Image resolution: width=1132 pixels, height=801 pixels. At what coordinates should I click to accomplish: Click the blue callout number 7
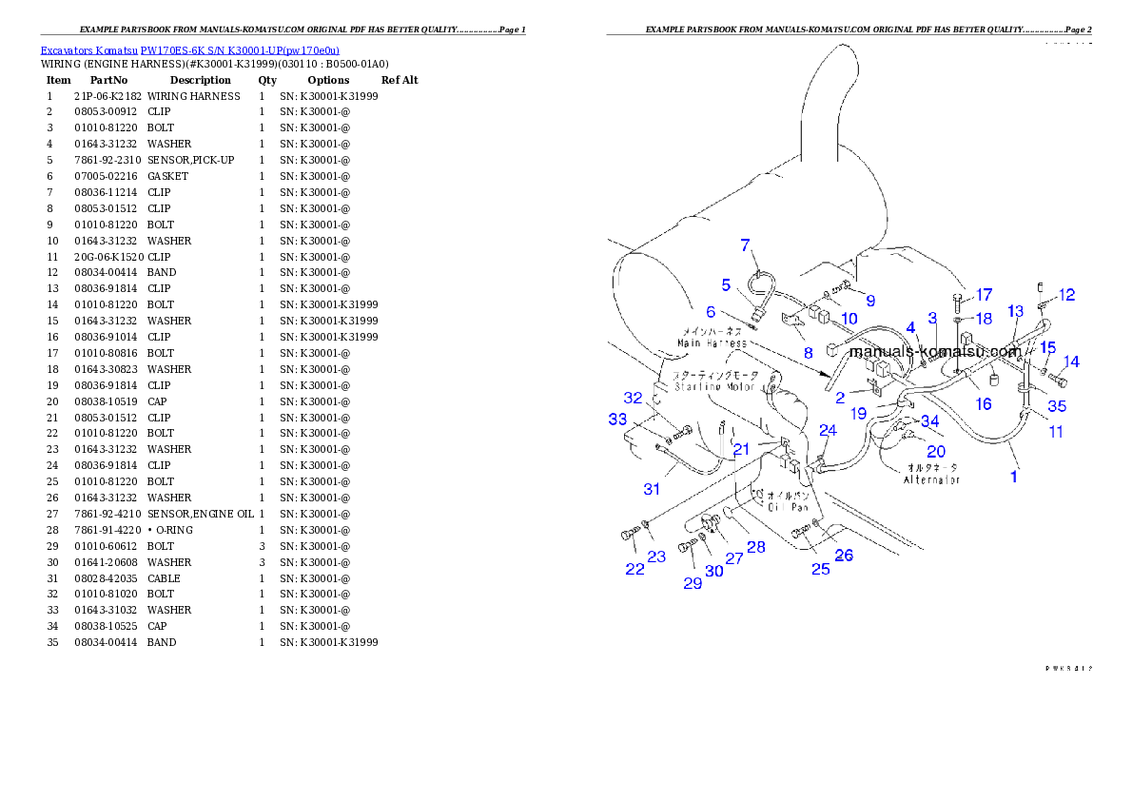(746, 245)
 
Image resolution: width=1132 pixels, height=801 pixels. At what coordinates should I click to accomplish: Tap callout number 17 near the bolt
(984, 295)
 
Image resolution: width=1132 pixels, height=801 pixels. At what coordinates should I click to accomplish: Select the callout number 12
(1067, 295)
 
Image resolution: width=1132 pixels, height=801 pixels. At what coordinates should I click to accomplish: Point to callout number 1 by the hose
(1014, 477)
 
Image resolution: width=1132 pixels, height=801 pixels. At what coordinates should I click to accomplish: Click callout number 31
(652, 489)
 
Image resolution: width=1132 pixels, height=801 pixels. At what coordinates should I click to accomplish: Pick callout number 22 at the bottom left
(634, 569)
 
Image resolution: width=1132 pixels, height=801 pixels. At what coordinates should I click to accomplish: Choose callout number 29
(693, 583)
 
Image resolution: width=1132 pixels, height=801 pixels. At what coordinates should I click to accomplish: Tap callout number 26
(844, 556)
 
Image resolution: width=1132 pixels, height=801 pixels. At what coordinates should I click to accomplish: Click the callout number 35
(1057, 406)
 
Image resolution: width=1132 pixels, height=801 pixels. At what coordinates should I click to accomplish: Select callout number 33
(618, 418)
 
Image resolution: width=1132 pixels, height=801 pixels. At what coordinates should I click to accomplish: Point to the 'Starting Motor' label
(714, 387)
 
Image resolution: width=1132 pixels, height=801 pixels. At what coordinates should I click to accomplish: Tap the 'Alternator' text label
(931, 480)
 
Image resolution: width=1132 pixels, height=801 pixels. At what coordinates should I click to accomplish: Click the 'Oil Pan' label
(788, 508)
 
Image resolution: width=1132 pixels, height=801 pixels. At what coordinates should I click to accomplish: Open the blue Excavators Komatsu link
(189, 50)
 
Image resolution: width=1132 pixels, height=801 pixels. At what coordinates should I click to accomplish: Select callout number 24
(829, 431)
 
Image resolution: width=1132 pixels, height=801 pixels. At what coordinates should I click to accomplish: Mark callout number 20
(936, 452)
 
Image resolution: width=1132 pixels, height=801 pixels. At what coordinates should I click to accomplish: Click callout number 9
(869, 301)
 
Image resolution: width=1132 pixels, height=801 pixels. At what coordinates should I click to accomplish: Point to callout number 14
(1071, 361)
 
